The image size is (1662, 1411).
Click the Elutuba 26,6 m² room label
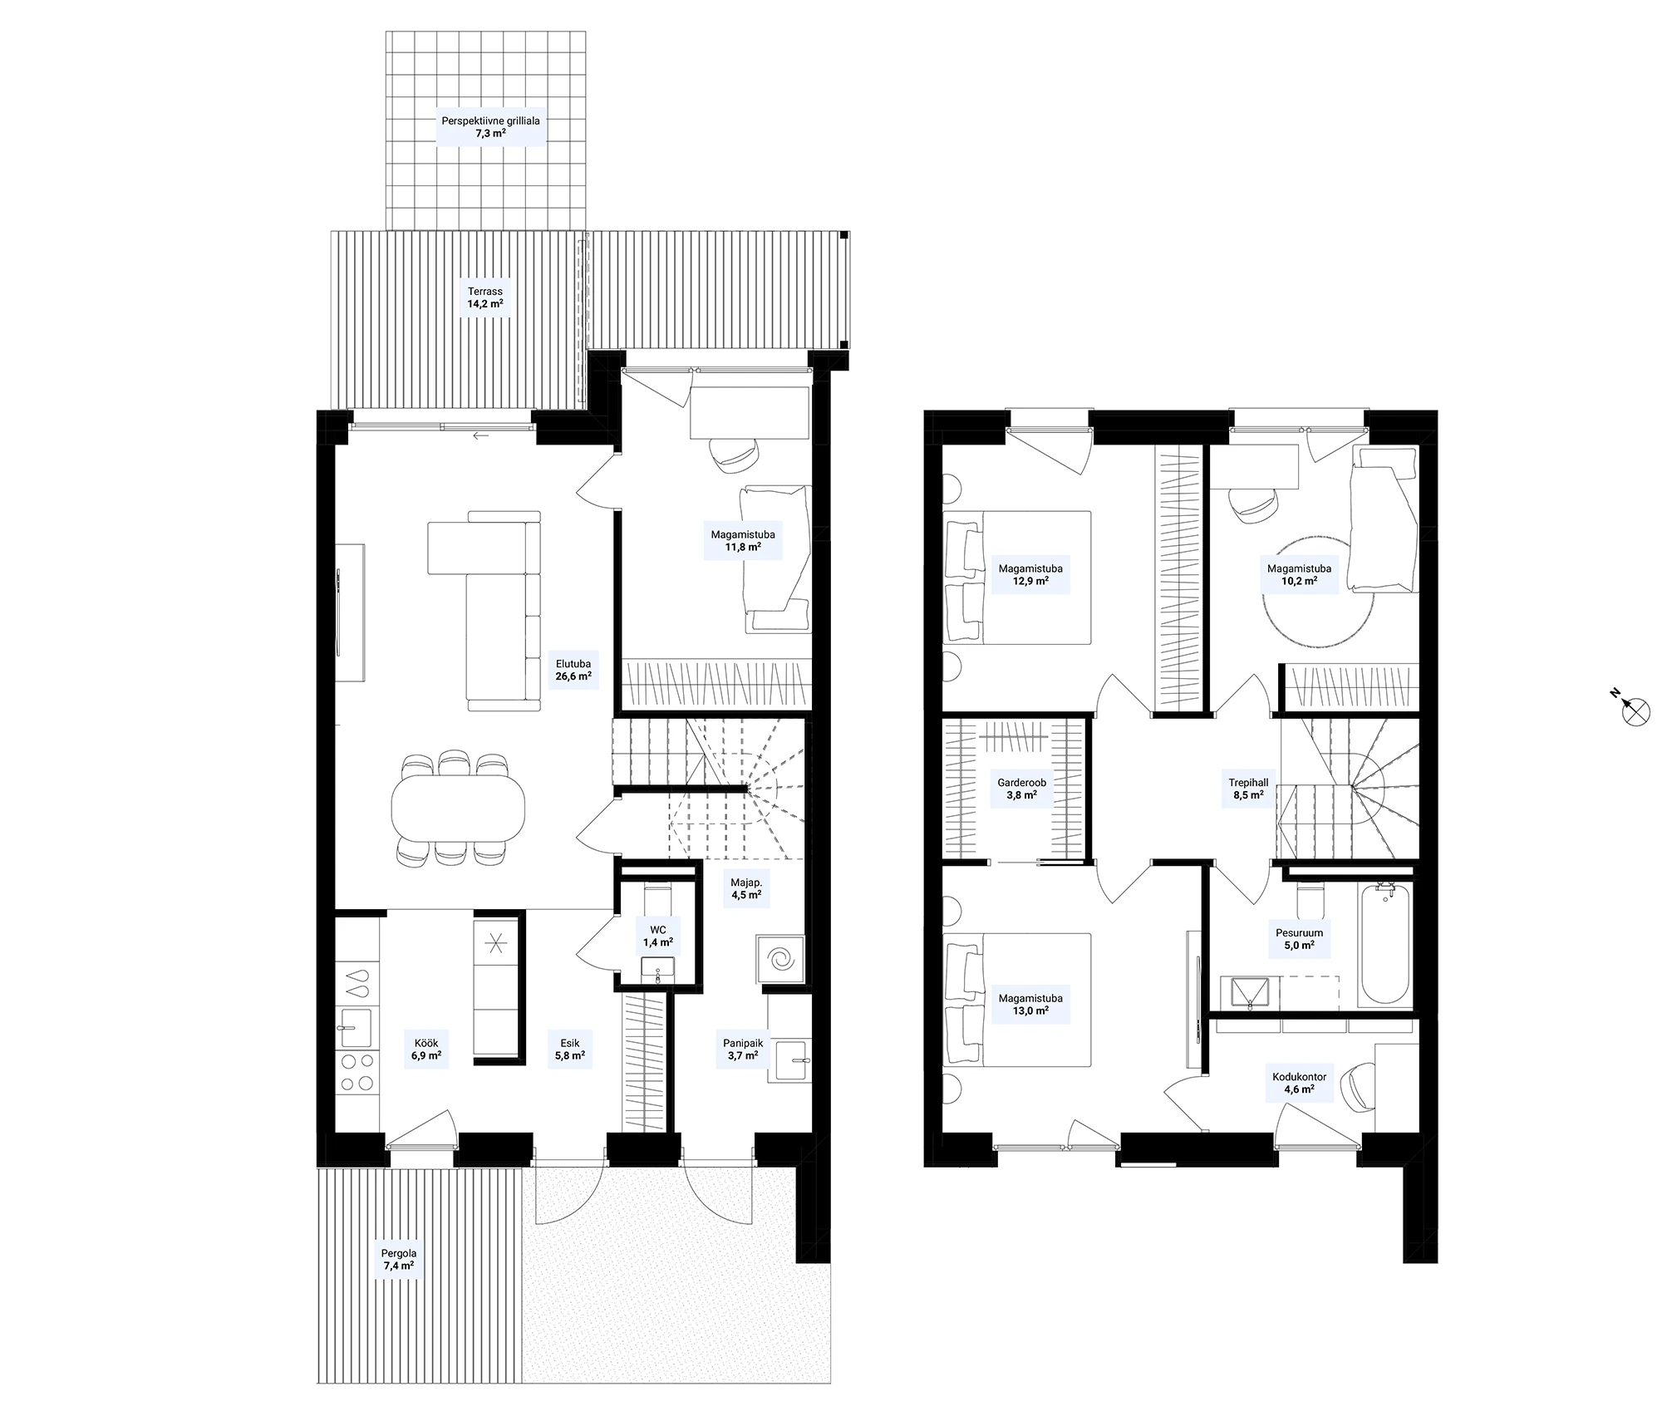tap(573, 670)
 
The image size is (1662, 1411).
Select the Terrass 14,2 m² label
tap(485, 297)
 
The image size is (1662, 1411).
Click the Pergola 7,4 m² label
tap(399, 1260)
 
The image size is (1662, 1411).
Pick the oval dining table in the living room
tap(458, 806)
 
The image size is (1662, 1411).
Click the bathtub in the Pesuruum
tap(1384, 944)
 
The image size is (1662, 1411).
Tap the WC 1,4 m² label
tap(657, 937)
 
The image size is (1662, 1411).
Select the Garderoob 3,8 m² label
tap(1021, 789)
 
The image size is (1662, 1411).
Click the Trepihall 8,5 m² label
tap(1248, 789)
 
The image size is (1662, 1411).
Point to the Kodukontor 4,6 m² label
tap(1299, 1083)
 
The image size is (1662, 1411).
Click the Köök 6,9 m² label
tap(425, 1050)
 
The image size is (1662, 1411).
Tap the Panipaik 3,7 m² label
tap(742, 1050)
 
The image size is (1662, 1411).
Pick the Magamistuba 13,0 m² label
tap(1030, 1005)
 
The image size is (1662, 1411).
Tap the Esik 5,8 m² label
tap(570, 1050)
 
